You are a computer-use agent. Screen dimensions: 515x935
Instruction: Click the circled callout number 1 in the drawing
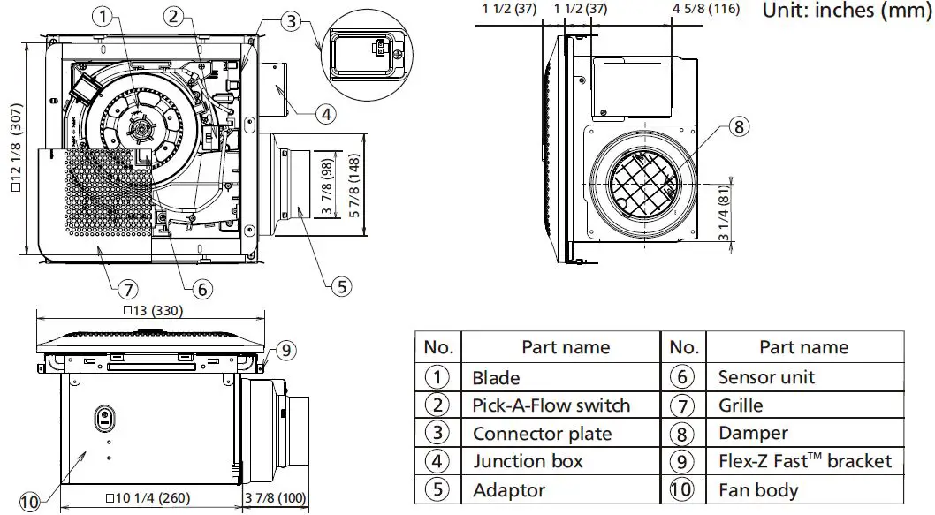(x=105, y=15)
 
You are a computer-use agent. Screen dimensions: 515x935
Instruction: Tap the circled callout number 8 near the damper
(x=740, y=126)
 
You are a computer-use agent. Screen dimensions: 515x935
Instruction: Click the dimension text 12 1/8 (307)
(x=15, y=149)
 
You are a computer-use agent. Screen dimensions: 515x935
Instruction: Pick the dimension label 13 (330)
(x=149, y=310)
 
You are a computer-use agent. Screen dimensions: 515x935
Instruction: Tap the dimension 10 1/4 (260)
(x=148, y=497)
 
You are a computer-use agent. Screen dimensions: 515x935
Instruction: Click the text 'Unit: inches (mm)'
(x=847, y=11)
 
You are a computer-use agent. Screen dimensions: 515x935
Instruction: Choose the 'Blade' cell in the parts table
(x=496, y=377)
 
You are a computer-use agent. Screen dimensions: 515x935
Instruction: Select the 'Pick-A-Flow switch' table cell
(x=551, y=405)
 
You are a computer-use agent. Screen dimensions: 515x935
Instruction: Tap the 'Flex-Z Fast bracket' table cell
(x=804, y=461)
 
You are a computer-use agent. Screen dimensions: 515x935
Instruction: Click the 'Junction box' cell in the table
(x=528, y=461)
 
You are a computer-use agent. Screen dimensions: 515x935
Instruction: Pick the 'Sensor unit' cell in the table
(x=766, y=377)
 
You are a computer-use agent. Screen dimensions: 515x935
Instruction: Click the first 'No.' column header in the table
(x=438, y=347)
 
